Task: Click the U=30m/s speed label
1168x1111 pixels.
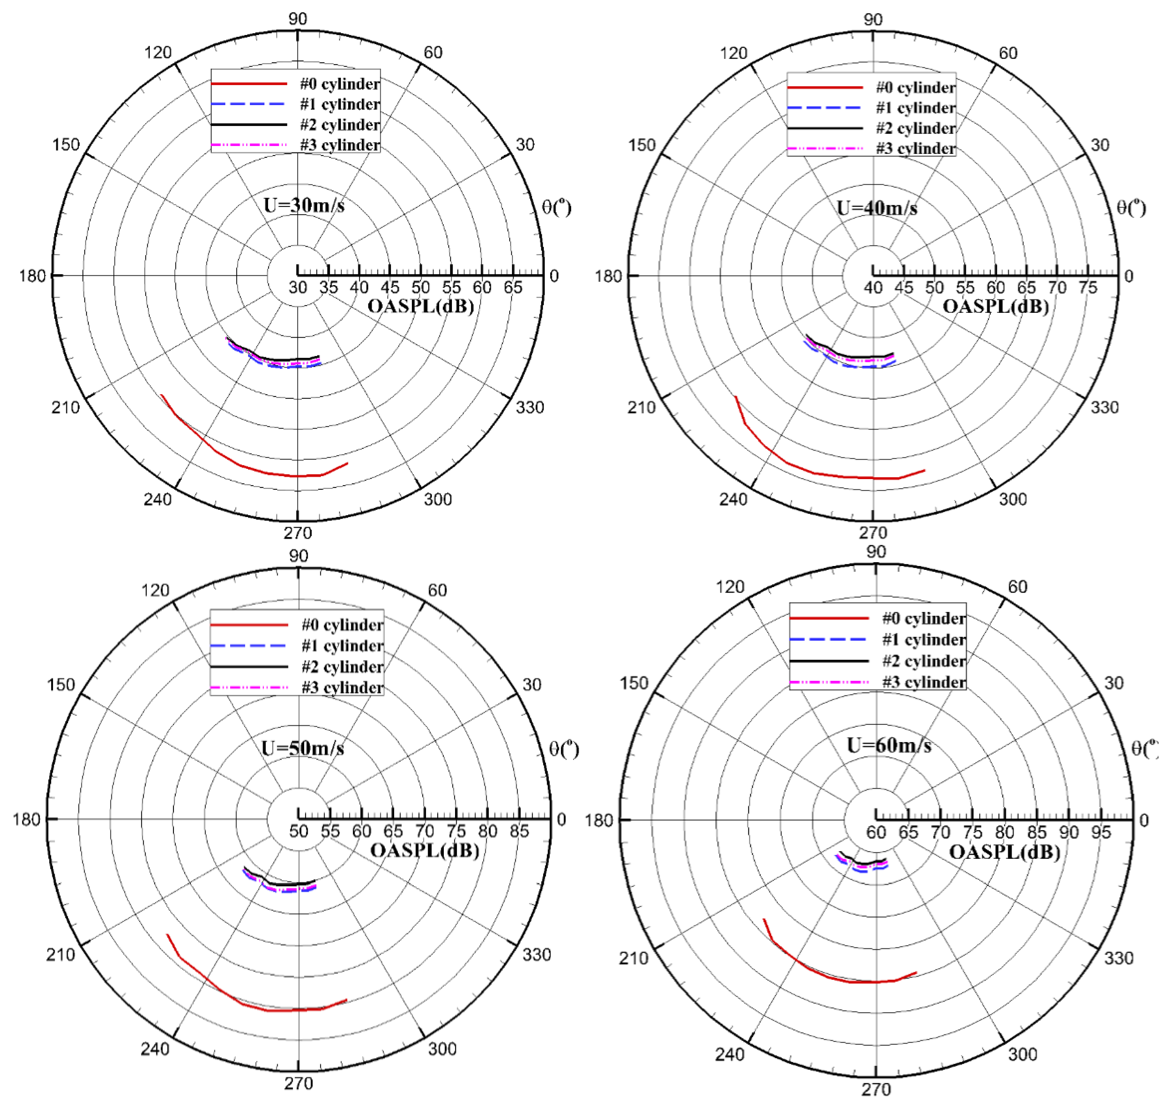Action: [x=303, y=206]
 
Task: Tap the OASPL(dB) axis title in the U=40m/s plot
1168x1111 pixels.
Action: [x=996, y=307]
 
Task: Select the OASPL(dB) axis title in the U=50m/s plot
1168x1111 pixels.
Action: [x=424, y=850]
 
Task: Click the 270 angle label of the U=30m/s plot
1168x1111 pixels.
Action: [x=298, y=533]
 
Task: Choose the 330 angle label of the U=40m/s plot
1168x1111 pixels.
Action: [x=1104, y=408]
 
